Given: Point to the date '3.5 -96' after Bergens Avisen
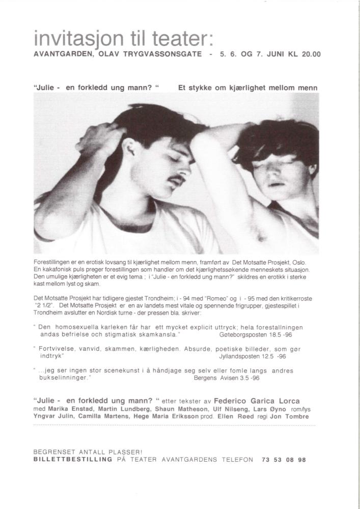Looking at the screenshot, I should click(249, 378).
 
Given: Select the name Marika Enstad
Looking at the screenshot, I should click(69, 409).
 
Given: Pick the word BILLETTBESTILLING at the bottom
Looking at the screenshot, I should click(72, 459).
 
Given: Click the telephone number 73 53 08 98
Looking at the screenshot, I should click(284, 459).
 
